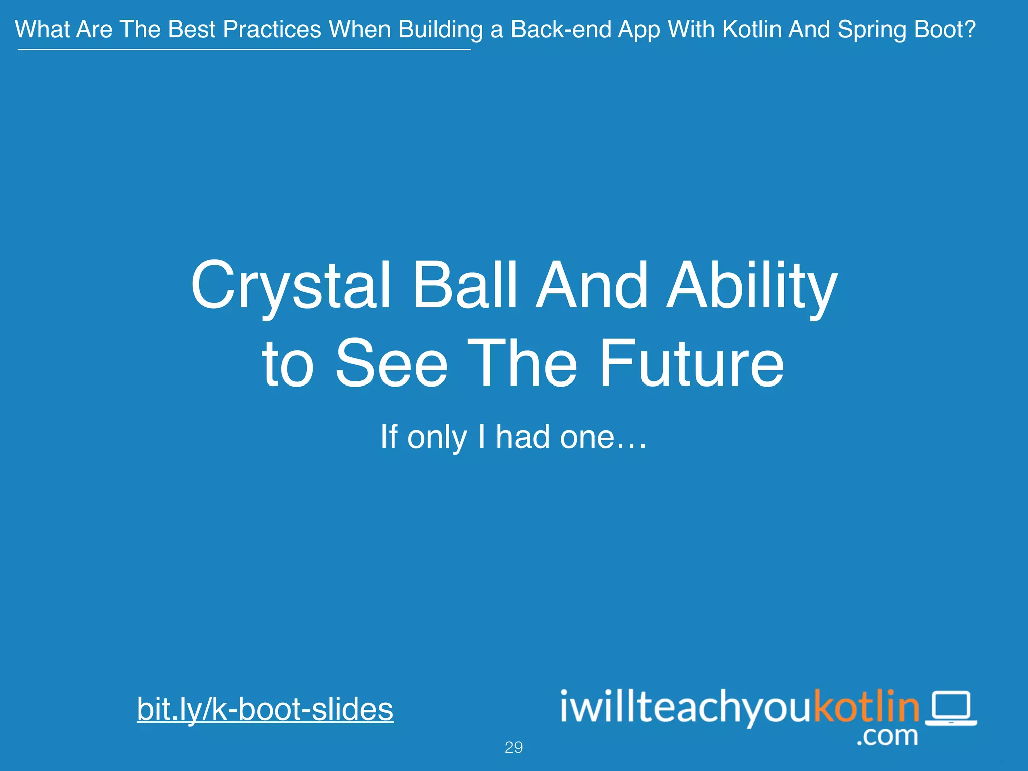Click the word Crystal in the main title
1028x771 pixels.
(291, 286)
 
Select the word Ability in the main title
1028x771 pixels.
(751, 286)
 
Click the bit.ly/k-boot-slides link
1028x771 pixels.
(265, 709)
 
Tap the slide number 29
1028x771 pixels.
(513, 747)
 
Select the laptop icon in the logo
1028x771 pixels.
(951, 708)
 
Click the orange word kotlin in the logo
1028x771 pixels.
(866, 707)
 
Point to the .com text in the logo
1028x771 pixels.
(887, 736)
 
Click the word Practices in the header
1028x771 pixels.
(272, 29)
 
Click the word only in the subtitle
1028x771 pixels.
(437, 437)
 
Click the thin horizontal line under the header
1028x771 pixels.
(244, 50)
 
